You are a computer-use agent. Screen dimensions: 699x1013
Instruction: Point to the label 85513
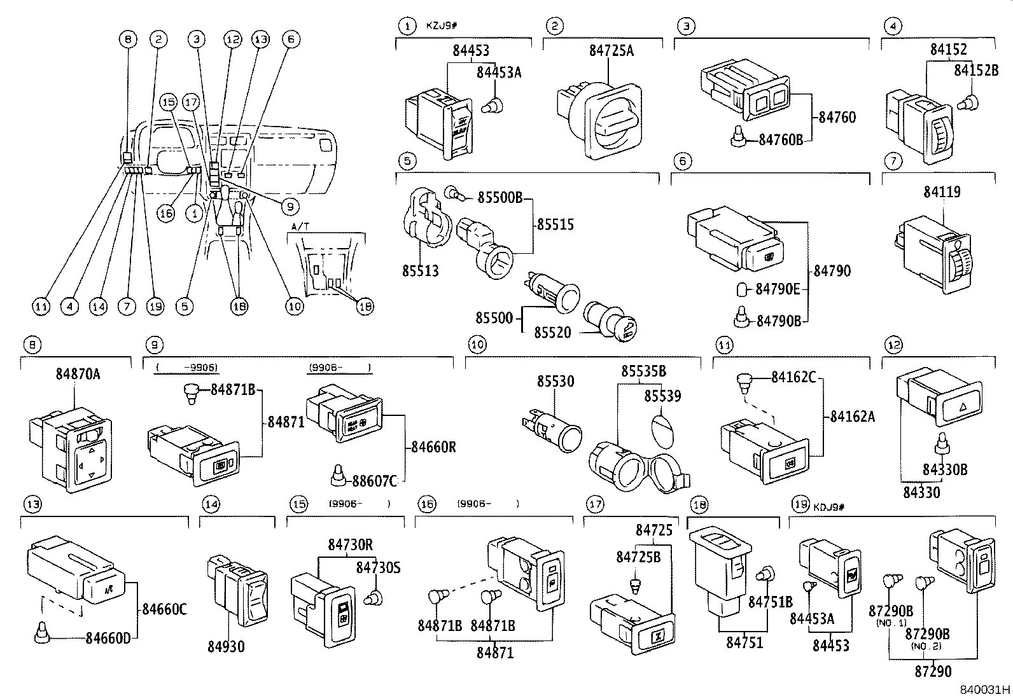(x=421, y=271)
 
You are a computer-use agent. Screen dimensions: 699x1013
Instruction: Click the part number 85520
(x=552, y=333)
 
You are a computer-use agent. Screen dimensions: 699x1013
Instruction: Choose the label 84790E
(x=777, y=289)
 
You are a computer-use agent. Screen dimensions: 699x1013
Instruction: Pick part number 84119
(x=942, y=191)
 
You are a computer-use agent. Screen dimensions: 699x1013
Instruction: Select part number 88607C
(x=375, y=481)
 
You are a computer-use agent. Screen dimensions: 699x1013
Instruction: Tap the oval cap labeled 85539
(x=663, y=434)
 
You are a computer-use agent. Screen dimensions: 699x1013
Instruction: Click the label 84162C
(x=793, y=378)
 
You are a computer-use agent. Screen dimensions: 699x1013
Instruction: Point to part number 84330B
(x=944, y=470)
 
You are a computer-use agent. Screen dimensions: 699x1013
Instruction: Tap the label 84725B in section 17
(x=638, y=557)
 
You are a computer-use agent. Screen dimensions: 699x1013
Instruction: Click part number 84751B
(x=770, y=602)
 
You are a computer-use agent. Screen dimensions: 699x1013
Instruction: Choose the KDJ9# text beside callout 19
(x=828, y=507)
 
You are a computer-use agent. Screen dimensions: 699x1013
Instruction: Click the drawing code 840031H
(x=985, y=689)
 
